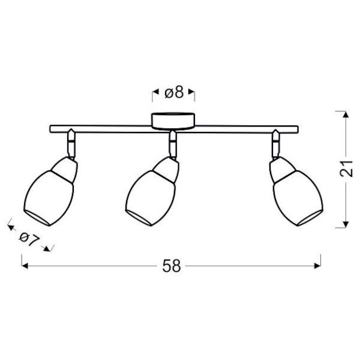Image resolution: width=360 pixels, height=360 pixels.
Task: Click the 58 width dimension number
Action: (x=172, y=266)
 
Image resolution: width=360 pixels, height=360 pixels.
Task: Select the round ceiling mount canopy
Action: (x=172, y=119)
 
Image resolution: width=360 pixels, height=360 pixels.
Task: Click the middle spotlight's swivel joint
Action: (x=173, y=145)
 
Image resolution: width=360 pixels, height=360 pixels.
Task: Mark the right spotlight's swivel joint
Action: (x=275, y=145)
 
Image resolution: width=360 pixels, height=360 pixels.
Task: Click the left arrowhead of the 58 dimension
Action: (x=25, y=266)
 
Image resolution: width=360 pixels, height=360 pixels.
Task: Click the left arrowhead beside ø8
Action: (x=153, y=93)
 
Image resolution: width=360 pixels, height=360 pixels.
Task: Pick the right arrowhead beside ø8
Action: (x=191, y=93)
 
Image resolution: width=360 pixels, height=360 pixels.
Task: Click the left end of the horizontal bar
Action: (x=50, y=128)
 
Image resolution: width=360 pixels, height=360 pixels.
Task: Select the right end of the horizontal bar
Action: (x=296, y=128)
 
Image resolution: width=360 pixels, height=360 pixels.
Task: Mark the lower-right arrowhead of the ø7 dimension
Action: (x=49, y=247)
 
